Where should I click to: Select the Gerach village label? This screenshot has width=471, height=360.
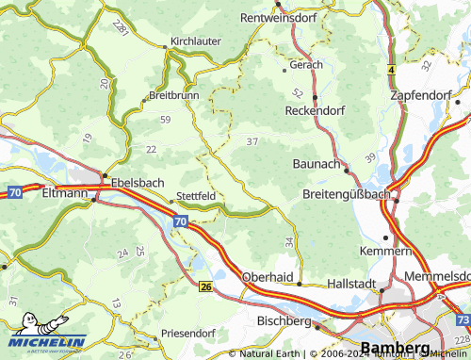[x=307, y=65]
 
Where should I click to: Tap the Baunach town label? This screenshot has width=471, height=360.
[x=317, y=164]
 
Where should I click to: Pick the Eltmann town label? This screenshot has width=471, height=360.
[x=65, y=193]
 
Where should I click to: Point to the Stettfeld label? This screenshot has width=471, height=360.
[x=196, y=198]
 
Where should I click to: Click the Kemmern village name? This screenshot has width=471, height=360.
[x=386, y=252]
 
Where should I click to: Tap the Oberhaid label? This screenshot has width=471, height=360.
[x=268, y=279]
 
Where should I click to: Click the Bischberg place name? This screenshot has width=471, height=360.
[x=284, y=320]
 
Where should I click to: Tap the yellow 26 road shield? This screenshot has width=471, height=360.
[x=205, y=286]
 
